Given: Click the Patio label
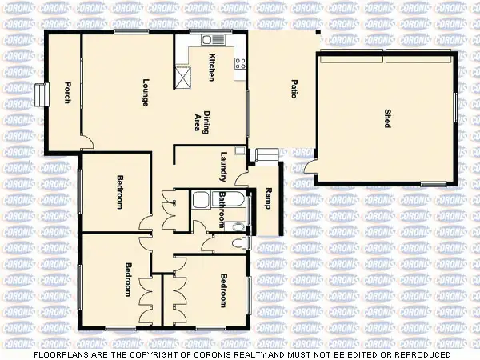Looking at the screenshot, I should click(x=294, y=89).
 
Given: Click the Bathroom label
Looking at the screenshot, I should click(x=222, y=209).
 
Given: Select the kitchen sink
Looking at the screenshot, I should click(x=209, y=39).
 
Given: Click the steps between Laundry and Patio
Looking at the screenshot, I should click(x=264, y=155).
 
